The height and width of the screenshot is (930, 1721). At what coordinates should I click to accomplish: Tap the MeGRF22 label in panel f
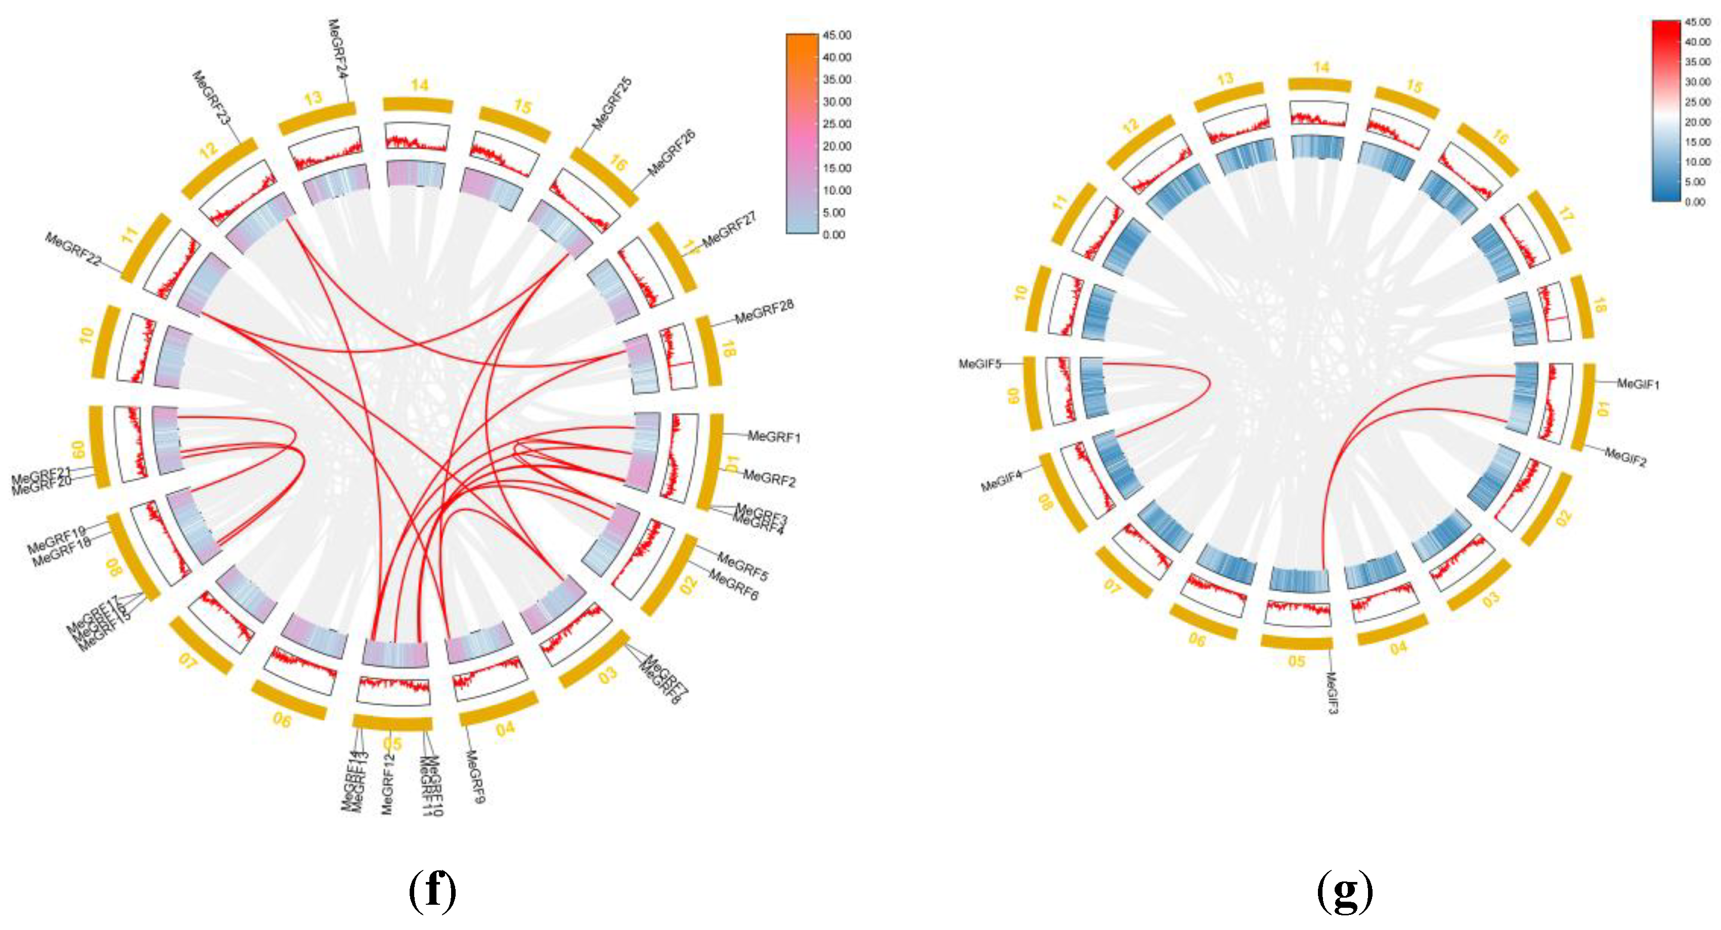pyautogui.click(x=73, y=249)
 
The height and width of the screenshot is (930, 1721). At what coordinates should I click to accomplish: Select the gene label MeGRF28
pyautogui.click(x=764, y=312)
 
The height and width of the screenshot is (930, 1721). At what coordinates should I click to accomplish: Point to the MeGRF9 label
pyautogui.click(x=474, y=776)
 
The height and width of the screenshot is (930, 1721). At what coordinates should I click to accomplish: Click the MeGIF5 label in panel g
pyautogui.click(x=980, y=364)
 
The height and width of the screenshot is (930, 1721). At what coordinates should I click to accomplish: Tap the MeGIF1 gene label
pyautogui.click(x=1638, y=384)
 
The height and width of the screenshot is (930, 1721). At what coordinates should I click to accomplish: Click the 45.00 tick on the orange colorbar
pyautogui.click(x=836, y=35)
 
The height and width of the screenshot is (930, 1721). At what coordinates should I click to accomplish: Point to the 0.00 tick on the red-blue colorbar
pyautogui.click(x=1695, y=202)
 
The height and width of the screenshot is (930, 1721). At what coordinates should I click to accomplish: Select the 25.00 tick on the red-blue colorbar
pyautogui.click(x=1697, y=102)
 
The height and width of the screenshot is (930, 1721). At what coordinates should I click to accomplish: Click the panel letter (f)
pyautogui.click(x=432, y=890)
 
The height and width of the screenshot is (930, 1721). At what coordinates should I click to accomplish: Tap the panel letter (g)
pyautogui.click(x=1345, y=890)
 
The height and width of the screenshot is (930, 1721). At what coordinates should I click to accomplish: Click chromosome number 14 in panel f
pyautogui.click(x=420, y=85)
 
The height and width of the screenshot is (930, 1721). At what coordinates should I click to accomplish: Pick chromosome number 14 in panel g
pyautogui.click(x=1321, y=67)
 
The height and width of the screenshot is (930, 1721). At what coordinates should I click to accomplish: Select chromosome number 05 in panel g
pyautogui.click(x=1296, y=661)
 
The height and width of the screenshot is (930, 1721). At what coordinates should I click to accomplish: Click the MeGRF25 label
pyautogui.click(x=612, y=104)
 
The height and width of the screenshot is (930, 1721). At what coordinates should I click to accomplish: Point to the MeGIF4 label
pyautogui.click(x=1001, y=481)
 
